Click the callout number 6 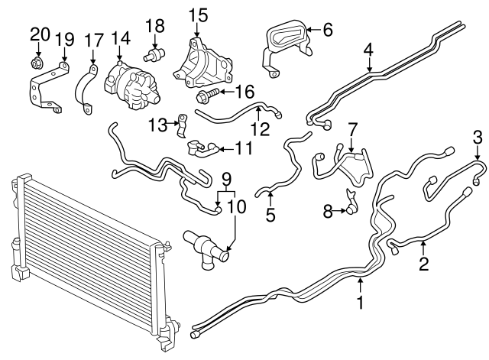[x=328, y=30]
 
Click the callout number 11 [x=243, y=147]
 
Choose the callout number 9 [x=226, y=182]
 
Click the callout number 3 [x=478, y=138]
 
